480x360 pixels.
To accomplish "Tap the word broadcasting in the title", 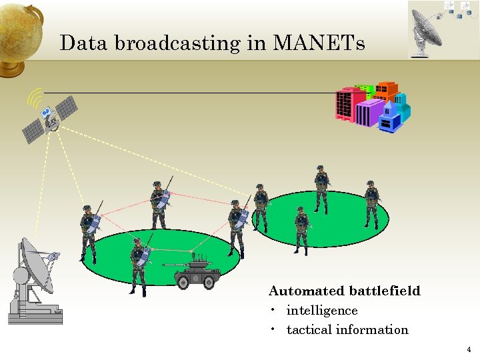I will click(x=177, y=44).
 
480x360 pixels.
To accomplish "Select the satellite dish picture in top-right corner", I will click(x=443, y=29).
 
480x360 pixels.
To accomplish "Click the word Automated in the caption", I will click(x=306, y=291).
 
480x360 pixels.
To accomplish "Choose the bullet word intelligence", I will click(x=322, y=311).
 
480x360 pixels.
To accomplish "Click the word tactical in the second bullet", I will click(x=309, y=330).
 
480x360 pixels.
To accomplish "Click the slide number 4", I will click(x=469, y=349).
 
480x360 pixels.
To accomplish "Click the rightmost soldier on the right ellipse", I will click(x=372, y=203).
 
